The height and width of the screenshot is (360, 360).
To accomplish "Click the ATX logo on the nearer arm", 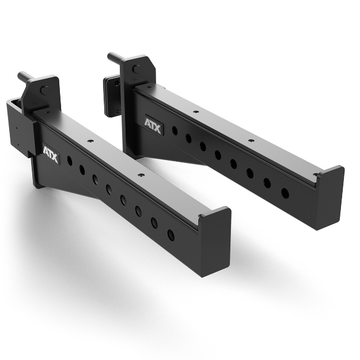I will pyautogui.click(x=51, y=154).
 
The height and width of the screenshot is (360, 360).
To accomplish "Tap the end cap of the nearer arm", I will pyautogui.click(x=215, y=241).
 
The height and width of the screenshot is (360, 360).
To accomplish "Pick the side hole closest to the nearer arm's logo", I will pyautogui.click(x=70, y=161).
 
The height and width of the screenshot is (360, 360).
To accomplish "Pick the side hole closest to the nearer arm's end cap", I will pyautogui.click(x=170, y=234).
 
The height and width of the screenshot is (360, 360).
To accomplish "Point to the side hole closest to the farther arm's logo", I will pyautogui.click(x=175, y=130).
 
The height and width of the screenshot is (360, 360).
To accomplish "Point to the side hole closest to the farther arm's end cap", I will pyautogui.click(x=285, y=192).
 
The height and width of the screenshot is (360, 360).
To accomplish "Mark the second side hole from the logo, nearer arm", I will pyautogui.click(x=82, y=169).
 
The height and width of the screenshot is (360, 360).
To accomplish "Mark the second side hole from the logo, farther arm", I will pyautogui.click(x=188, y=138).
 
